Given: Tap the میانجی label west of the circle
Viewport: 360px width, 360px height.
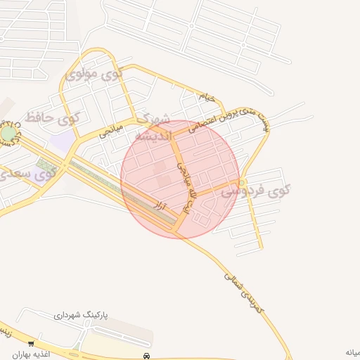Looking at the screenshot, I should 110,129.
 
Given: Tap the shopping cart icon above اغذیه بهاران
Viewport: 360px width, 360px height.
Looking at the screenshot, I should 30,344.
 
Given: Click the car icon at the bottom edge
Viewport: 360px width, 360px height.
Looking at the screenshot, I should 146,355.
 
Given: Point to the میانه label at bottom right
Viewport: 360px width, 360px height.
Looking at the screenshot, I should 352,352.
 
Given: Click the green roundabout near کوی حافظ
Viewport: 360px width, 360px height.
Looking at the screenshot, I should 8,134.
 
